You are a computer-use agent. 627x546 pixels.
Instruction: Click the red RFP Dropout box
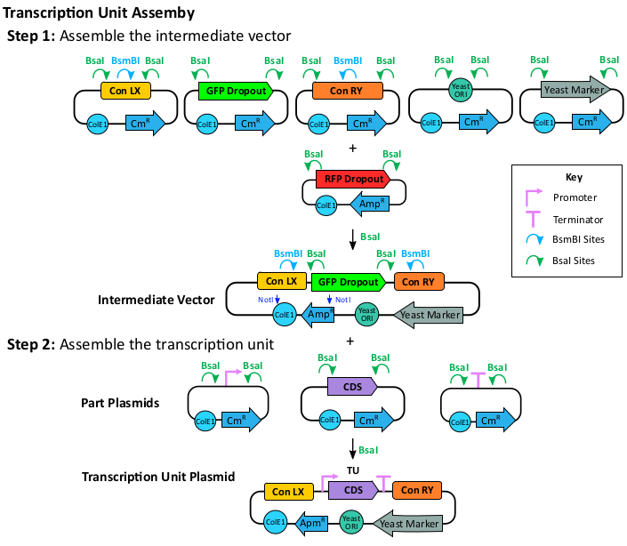350,180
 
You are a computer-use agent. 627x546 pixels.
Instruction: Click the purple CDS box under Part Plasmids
352,388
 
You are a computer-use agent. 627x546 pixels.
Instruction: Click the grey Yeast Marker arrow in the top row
574,90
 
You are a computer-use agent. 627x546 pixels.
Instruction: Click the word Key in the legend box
574,177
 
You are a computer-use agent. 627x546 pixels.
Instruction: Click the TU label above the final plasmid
353,469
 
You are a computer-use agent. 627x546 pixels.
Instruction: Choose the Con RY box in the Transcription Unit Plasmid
416,490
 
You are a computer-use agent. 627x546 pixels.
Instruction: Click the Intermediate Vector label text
156,300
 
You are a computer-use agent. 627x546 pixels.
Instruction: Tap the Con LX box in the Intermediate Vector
282,282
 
